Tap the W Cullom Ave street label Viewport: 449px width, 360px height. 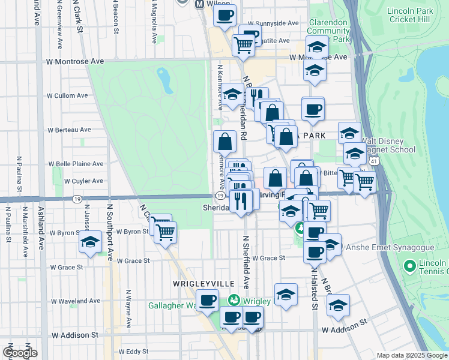[68, 95]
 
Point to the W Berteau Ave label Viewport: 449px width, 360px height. [70, 129]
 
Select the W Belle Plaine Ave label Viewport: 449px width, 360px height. [76, 164]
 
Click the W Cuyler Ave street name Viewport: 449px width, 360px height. [68, 181]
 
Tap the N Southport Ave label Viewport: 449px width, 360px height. [110, 232]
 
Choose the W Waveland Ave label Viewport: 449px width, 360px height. [76, 301]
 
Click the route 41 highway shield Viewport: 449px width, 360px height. [374, 163]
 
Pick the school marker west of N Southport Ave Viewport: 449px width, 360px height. [90, 242]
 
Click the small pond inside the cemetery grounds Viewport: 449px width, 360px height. [163, 78]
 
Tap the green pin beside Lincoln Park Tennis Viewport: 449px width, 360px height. [411, 265]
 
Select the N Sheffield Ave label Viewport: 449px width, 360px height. [245, 262]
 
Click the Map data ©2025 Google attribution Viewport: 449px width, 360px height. [411, 355]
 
